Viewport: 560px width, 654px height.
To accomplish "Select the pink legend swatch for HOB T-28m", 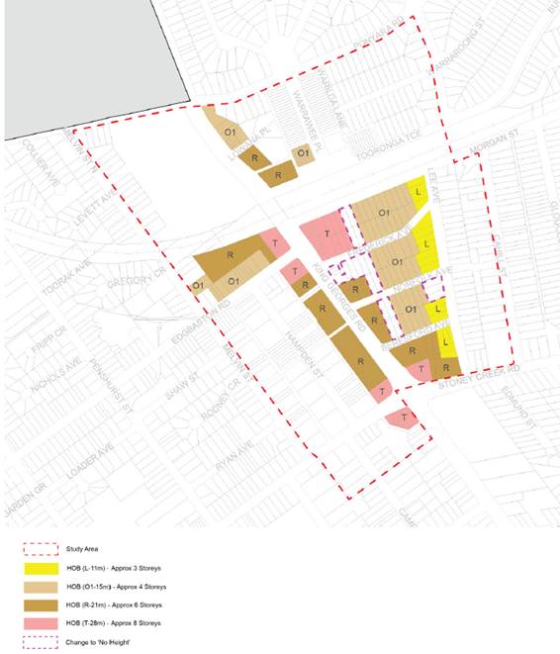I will point(45,622).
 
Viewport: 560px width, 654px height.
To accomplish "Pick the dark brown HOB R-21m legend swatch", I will point(45,604).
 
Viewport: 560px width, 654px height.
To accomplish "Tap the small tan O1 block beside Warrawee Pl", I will point(305,155).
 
